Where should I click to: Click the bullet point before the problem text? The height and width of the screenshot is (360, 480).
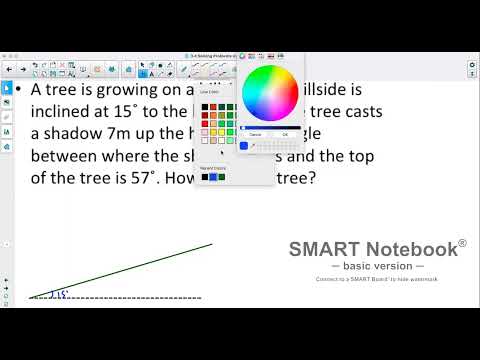click(x=20, y=90)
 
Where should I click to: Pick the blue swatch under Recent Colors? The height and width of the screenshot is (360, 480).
click(x=213, y=177)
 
